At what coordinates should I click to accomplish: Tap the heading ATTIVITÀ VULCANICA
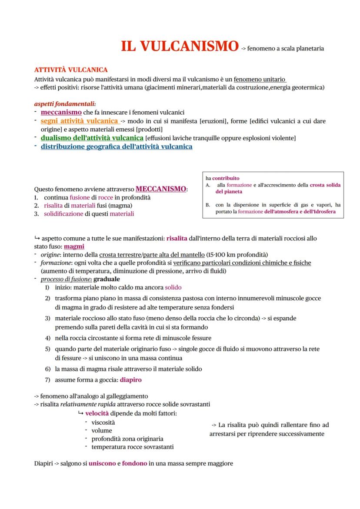point(71,70)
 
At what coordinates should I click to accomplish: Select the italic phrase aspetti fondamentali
point(64,104)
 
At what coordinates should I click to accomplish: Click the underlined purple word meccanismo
point(61,112)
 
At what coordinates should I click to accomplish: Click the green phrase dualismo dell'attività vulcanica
point(92,138)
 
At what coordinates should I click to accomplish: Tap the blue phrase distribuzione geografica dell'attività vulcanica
point(116,147)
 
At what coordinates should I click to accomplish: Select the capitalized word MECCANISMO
point(161,189)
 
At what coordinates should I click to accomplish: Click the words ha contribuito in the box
point(222,178)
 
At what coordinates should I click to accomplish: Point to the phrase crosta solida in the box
point(325,185)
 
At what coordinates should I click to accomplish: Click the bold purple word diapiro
point(130,379)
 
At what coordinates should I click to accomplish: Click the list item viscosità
point(103,422)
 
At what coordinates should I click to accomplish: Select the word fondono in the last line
point(134,463)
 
